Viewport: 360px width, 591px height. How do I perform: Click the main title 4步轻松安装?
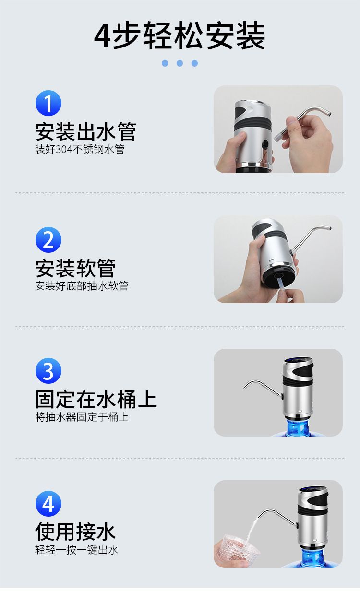click(180, 35)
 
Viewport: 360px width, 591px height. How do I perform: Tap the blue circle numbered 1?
click(48, 103)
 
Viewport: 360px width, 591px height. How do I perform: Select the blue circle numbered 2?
click(48, 240)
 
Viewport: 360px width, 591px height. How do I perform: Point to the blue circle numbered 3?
click(48, 371)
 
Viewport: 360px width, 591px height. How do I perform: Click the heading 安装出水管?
click(86, 131)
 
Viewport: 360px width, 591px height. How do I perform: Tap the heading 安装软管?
click(75, 268)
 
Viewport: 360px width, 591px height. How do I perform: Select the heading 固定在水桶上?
click(96, 399)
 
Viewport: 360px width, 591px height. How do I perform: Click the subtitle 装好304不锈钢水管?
click(80, 149)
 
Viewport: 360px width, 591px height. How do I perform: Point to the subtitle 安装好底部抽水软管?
click(82, 286)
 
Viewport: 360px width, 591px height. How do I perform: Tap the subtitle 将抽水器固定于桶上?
click(82, 417)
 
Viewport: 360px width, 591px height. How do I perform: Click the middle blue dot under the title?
click(180, 63)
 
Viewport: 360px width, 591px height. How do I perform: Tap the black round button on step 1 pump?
click(265, 144)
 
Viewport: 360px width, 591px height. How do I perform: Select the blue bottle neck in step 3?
click(298, 427)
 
